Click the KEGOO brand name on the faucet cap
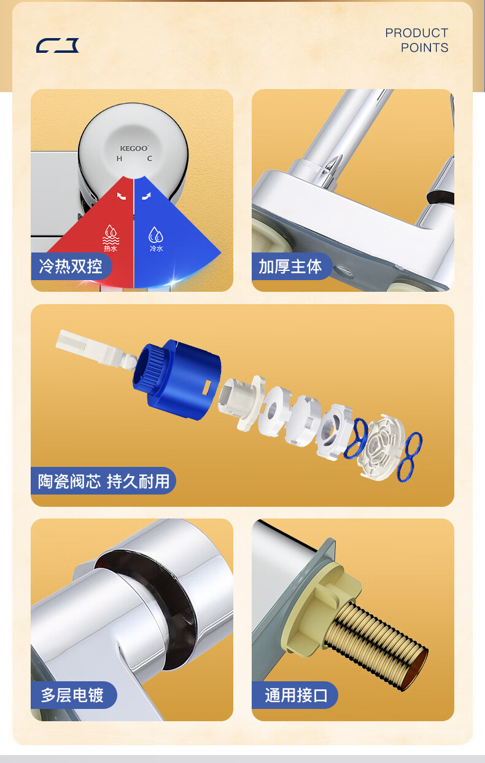[134, 148]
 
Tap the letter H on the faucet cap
[119, 158]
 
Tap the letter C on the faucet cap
[149, 158]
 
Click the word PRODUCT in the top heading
[417, 33]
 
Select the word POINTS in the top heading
[424, 48]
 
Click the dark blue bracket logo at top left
[57, 45]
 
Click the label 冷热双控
[71, 266]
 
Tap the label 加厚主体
[290, 267]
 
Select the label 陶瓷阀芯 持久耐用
[104, 481]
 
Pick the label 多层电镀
[72, 695]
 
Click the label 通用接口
[296, 695]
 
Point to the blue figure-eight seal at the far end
[409, 457]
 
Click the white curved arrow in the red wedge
[121, 196]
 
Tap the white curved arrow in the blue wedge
[146, 196]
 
